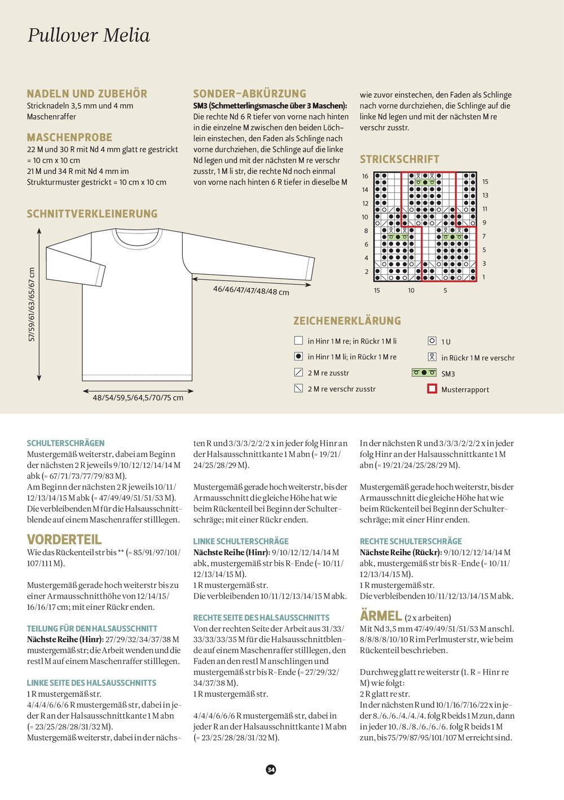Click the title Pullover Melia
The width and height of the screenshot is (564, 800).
coord(89,36)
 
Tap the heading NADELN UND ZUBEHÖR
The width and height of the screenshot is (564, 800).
coord(87,94)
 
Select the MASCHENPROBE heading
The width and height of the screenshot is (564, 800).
coord(69,137)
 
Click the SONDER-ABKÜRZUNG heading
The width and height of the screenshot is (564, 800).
coord(249,94)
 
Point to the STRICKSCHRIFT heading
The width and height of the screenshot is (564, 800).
coord(399,159)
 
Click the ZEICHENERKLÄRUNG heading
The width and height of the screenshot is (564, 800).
coord(347,320)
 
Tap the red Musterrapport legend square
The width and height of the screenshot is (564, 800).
coord(432,389)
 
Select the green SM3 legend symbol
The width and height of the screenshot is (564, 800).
coord(424,373)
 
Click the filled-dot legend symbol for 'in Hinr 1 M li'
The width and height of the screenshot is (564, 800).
coord(299,357)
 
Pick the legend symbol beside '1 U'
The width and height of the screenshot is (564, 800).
coord(432,341)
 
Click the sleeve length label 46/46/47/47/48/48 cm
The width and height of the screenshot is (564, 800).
coord(251,291)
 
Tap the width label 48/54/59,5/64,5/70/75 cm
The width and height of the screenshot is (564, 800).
coord(138,398)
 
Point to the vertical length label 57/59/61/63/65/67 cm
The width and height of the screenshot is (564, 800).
coord(32,305)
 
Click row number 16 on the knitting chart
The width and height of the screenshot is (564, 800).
coord(365,176)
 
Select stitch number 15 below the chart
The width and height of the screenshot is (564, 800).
coord(377,291)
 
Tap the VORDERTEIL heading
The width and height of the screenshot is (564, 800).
coord(64,539)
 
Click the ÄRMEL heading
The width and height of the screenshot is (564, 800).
coord(381,616)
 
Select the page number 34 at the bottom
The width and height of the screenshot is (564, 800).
coord(271,770)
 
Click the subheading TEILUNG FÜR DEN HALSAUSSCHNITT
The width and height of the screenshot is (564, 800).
coord(92,628)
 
